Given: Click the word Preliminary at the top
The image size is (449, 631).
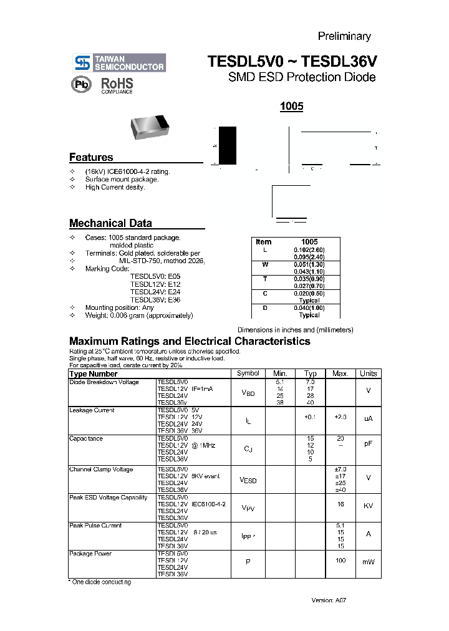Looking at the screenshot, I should click(x=344, y=36).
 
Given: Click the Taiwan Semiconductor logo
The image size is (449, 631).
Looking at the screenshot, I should click(x=120, y=62).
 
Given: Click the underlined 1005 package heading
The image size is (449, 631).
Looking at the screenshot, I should click(x=291, y=107).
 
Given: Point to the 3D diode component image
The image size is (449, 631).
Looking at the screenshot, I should click(x=150, y=127).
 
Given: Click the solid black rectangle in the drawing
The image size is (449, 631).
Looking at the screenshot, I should click(x=228, y=145).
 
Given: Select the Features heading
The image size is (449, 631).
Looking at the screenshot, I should click(x=91, y=158).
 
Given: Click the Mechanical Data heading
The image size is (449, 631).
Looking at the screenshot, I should click(x=110, y=223).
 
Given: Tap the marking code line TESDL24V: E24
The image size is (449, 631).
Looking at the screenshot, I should click(x=155, y=291).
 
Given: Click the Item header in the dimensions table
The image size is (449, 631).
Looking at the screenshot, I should click(x=264, y=241).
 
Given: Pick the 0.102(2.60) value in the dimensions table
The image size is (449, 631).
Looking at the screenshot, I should click(x=309, y=249).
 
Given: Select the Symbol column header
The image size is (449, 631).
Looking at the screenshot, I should click(x=248, y=373).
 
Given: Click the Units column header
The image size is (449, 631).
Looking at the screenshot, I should click(x=368, y=373).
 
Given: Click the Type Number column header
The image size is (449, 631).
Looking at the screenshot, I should click(x=94, y=374).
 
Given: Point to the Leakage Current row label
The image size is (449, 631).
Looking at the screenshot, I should click(x=92, y=410).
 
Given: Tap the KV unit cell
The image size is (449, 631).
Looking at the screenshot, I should click(x=368, y=506).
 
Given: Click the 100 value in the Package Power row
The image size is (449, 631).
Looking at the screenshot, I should click(x=340, y=561).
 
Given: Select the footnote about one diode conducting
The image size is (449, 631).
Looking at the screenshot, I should click(x=100, y=582).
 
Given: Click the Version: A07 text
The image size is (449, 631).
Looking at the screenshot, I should click(x=328, y=600).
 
